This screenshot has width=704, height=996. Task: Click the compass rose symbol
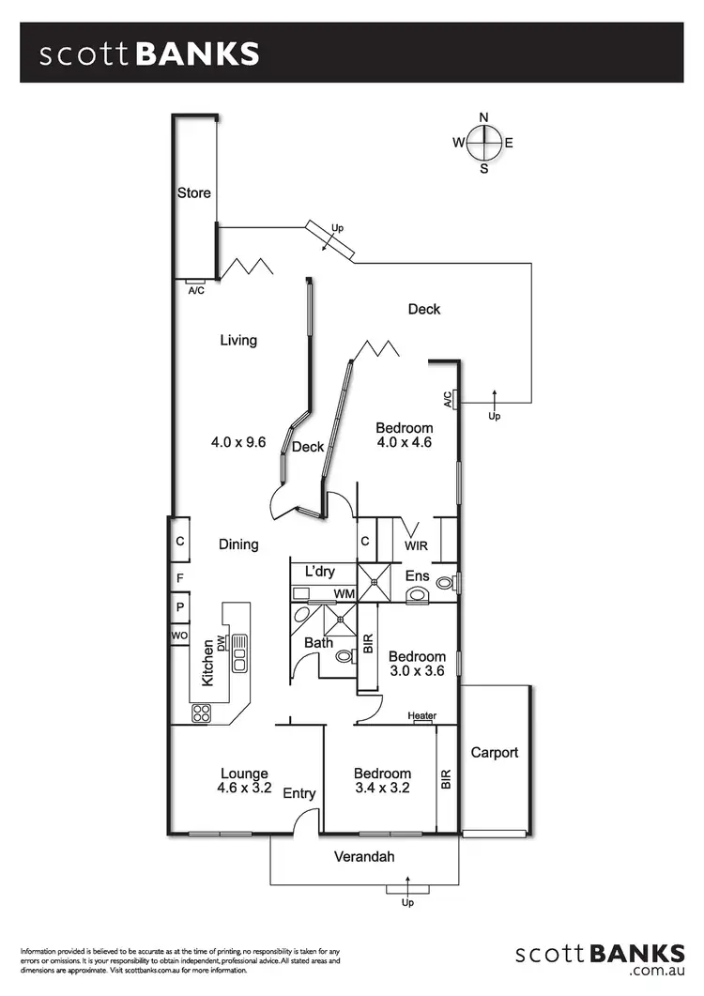[484, 143]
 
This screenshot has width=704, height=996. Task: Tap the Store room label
[194, 193]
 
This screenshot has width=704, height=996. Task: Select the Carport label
[495, 752]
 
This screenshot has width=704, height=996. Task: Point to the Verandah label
[364, 856]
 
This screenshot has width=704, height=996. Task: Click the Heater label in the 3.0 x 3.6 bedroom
[422, 716]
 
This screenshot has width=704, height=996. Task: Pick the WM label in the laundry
[344, 594]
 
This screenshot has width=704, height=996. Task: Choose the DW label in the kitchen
[222, 643]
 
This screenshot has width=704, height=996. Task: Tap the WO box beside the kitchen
[179, 636]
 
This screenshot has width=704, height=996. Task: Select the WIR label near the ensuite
[417, 544]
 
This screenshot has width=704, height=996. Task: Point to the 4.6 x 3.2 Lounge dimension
[244, 789]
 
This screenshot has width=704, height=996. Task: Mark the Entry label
[299, 794]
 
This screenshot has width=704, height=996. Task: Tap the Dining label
[238, 544]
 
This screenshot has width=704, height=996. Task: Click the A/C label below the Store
[196, 290]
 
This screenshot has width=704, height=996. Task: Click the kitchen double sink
[239, 652]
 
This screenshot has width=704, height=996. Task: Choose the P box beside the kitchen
[179, 607]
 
